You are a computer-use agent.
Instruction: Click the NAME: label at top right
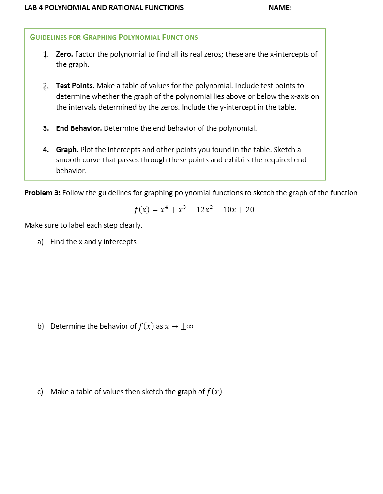pos(280,8)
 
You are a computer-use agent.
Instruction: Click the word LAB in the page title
pos(31,8)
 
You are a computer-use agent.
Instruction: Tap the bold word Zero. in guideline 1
pos(64,54)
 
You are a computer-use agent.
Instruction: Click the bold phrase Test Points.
pos(75,86)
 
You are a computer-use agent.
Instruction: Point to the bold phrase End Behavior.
pos(78,128)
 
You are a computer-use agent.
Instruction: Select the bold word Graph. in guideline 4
pos(67,150)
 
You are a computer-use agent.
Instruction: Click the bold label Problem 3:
pos(42,193)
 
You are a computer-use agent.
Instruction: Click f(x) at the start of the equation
pos(141,210)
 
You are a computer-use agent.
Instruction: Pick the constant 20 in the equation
pos(249,210)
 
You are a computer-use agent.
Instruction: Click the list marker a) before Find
pos(41,242)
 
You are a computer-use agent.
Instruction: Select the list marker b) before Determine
pos(41,326)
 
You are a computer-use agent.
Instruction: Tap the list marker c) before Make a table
pos(41,392)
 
